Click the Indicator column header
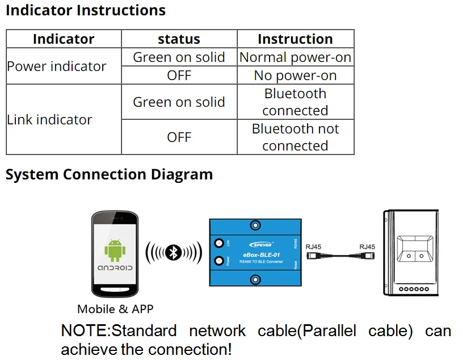click(x=64, y=39)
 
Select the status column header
click(x=179, y=39)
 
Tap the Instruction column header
click(x=295, y=39)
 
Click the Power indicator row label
click(x=57, y=66)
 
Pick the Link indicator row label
click(x=50, y=120)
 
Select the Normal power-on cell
click(x=295, y=57)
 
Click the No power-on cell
click(x=295, y=76)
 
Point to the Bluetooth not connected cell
click(x=295, y=137)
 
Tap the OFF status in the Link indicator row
click(x=179, y=137)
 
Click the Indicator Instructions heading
click(x=86, y=10)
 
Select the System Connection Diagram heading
click(x=109, y=174)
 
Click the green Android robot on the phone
click(x=115, y=250)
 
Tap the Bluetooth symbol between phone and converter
click(x=174, y=252)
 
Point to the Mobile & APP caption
click(x=115, y=309)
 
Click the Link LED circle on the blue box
click(x=218, y=244)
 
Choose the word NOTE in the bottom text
click(x=85, y=331)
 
